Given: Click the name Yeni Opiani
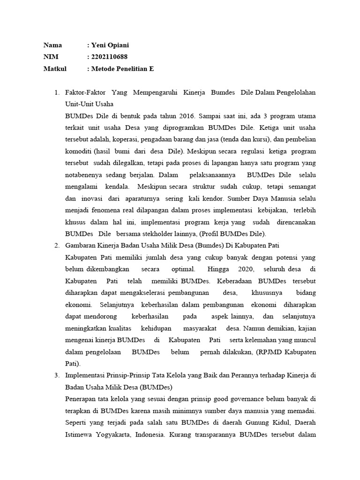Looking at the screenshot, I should [110, 45].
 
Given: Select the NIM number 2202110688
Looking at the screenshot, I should [109, 57].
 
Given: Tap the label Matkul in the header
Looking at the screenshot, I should [55, 69].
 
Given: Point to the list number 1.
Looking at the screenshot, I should [57, 92].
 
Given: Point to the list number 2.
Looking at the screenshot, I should [57, 245].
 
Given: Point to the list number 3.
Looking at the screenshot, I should [57, 375].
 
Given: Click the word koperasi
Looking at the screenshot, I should [141, 139].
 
